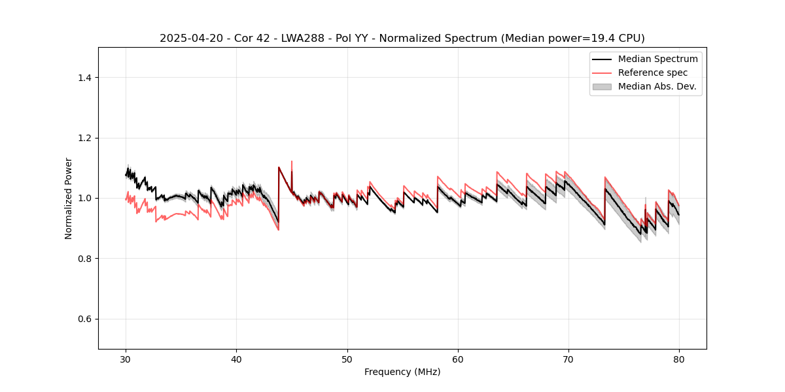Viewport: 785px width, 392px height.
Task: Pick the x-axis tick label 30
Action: pos(126,359)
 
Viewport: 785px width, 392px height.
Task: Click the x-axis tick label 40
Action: pos(237,359)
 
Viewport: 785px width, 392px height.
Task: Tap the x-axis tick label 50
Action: pos(347,359)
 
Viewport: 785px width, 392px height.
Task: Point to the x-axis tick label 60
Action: pos(458,359)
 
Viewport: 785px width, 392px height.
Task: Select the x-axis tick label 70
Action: pos(568,359)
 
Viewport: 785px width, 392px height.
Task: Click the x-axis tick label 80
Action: pos(679,359)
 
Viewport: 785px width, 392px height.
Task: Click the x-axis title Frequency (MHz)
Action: pos(402,372)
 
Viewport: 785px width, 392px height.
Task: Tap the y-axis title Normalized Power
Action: pos(69,198)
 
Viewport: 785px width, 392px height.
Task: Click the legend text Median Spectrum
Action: pos(657,59)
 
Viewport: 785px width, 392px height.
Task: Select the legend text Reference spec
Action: pos(653,73)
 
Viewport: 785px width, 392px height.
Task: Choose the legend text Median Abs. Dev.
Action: pos(657,86)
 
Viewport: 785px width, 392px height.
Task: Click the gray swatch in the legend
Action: pos(602,86)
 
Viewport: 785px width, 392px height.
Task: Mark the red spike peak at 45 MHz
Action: pos(292,161)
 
